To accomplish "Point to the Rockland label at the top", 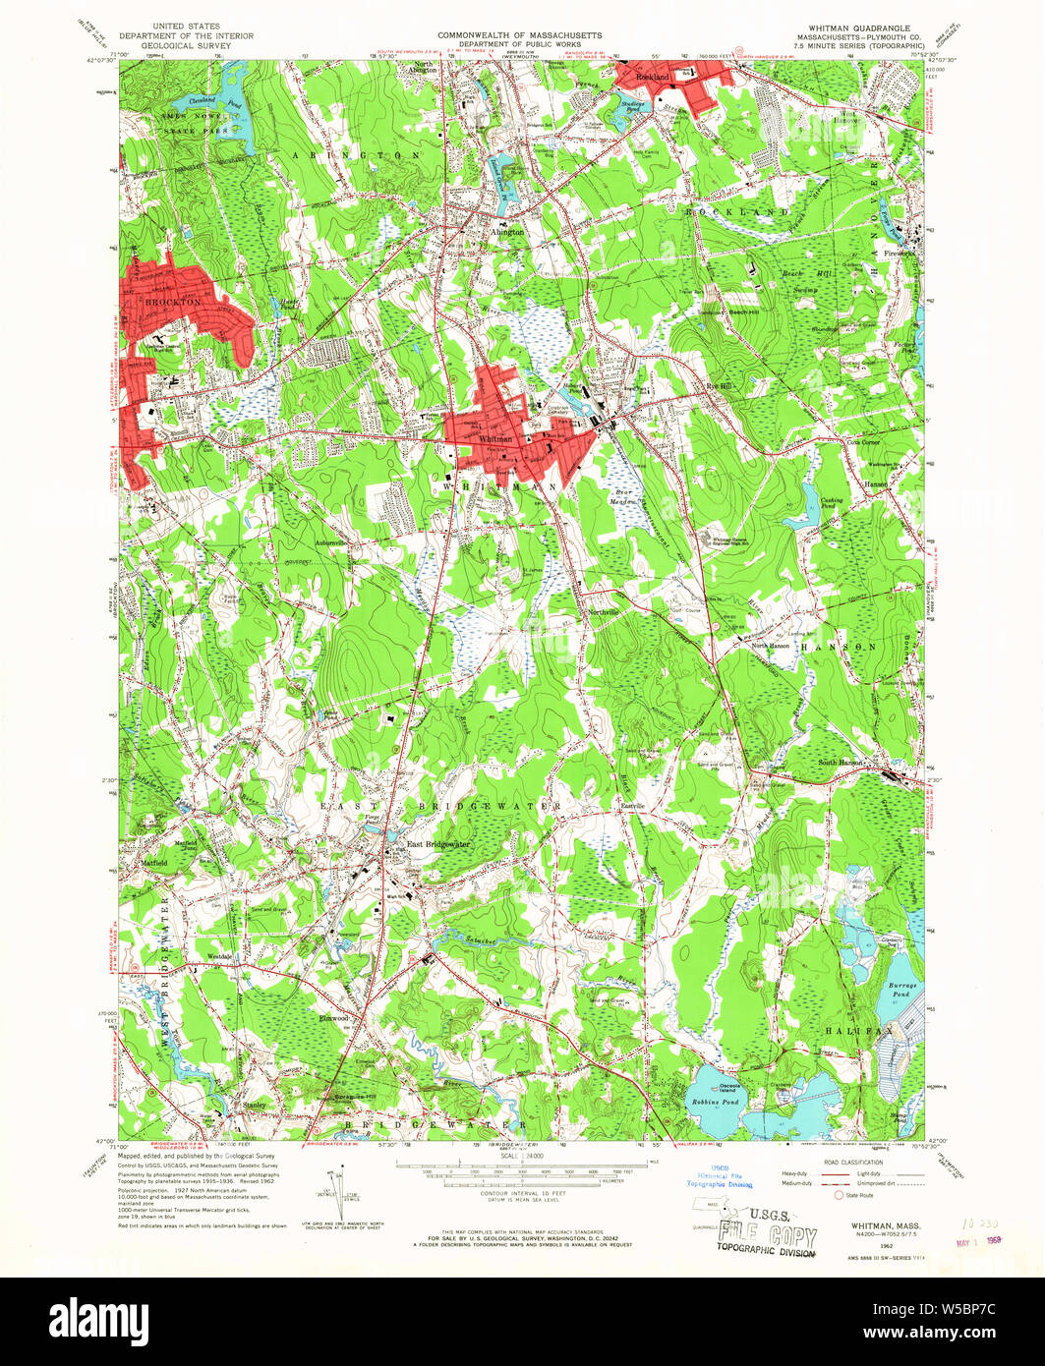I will pyautogui.click(x=654, y=77).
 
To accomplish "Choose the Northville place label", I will pyautogui.click(x=604, y=611).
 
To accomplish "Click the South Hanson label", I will pyautogui.click(x=842, y=763).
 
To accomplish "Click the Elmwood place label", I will pyautogui.click(x=334, y=1019).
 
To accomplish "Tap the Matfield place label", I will pyautogui.click(x=154, y=863).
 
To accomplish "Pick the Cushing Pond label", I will pyautogui.click(x=833, y=501).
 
